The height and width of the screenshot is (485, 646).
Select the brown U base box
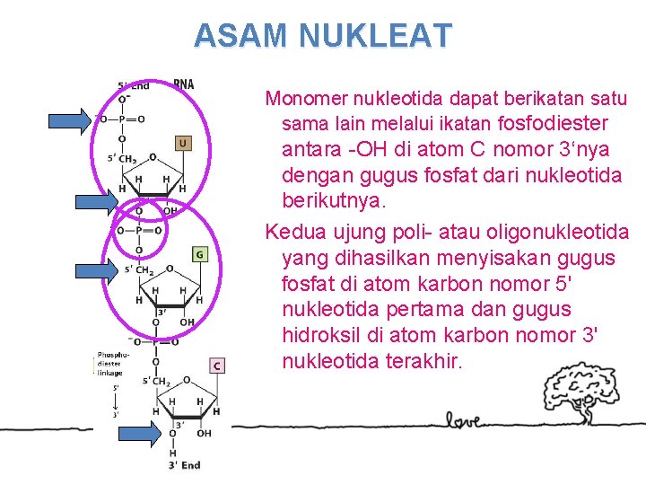[x=182, y=143]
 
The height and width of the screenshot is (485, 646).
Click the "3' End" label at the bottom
[x=184, y=464]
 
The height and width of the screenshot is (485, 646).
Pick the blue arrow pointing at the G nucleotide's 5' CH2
[x=96, y=270]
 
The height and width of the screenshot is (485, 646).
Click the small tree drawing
[x=568, y=395]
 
